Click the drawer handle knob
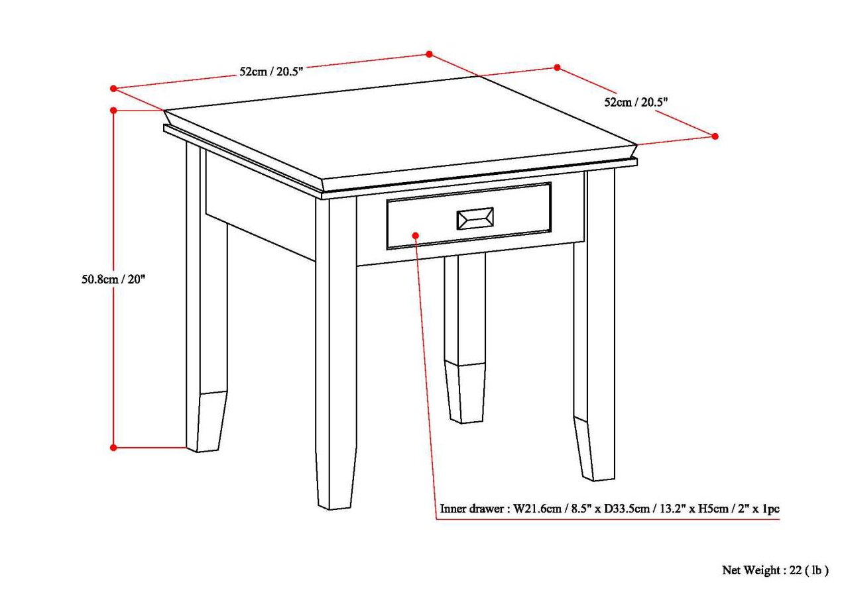point(474,219)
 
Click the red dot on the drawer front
point(416,235)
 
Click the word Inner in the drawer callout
point(454,509)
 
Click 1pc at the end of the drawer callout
point(769,509)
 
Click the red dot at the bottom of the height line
point(113,448)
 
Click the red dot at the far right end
point(715,136)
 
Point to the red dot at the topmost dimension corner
point(429,54)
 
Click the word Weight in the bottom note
point(763,570)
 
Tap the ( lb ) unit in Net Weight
point(816,570)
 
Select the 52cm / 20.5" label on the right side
point(635,102)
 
